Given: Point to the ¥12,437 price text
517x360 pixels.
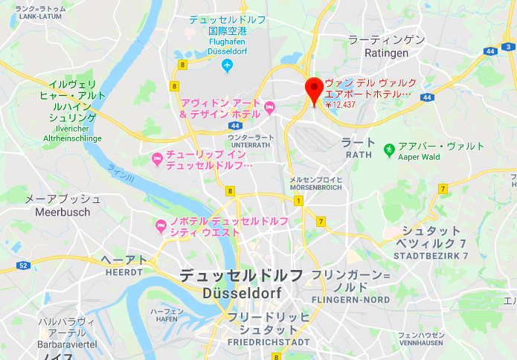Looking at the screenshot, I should click(x=341, y=105).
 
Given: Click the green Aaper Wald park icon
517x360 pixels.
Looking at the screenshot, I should click(x=388, y=150).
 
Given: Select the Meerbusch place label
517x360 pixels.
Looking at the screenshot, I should click(x=62, y=212).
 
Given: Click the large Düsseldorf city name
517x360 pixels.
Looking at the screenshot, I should click(x=241, y=293).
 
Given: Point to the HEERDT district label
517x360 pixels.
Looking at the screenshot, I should click(x=123, y=273).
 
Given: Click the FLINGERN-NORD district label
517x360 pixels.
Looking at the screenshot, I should click(x=351, y=300).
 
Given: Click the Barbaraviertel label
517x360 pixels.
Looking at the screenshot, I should click(x=66, y=345).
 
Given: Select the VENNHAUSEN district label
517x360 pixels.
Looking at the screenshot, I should click(x=420, y=344).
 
